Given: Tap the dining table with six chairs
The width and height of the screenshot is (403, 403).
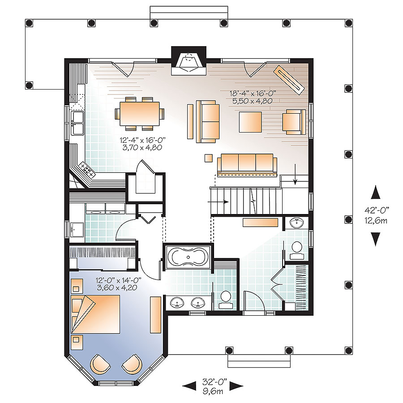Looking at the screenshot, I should (x=139, y=113).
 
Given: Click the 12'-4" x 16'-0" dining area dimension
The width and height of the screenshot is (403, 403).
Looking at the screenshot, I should (x=141, y=143).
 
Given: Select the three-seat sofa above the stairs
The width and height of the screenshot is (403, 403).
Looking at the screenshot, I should (x=245, y=163).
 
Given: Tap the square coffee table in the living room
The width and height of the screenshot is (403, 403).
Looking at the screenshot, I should (x=250, y=121).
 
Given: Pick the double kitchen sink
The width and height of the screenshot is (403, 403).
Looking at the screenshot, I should (x=78, y=123).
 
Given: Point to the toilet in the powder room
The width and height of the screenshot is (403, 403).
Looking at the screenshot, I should (x=296, y=249).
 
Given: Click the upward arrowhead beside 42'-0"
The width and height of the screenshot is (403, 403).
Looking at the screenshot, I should (x=376, y=193).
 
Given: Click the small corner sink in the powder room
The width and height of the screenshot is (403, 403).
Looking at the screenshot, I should (x=296, y=223).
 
